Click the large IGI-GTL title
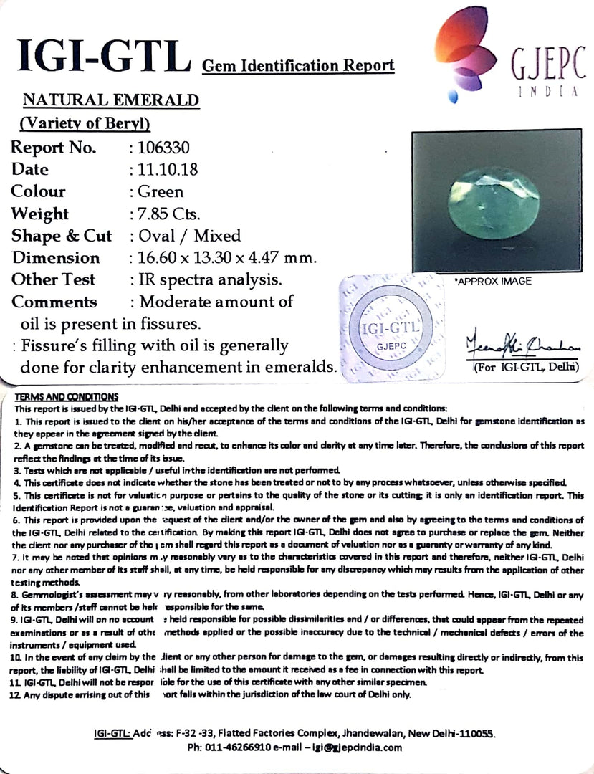click(x=101, y=55)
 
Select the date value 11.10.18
click(x=164, y=170)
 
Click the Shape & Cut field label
click(x=62, y=236)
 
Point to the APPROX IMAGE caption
click(x=494, y=281)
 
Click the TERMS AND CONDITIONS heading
click(x=67, y=396)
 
